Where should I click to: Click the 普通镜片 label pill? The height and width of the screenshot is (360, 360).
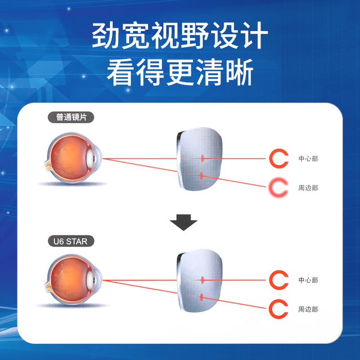click(x=71, y=118)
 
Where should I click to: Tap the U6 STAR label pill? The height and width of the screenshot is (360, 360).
click(x=71, y=241)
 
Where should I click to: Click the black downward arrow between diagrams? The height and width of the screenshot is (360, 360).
click(x=183, y=222)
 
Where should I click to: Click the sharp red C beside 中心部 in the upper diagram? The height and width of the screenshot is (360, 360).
click(x=271, y=159)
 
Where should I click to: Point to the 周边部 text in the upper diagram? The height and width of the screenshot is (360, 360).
click(x=308, y=188)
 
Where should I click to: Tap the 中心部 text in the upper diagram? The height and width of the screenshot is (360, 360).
click(x=308, y=159)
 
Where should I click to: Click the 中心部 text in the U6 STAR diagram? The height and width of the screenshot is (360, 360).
click(x=308, y=280)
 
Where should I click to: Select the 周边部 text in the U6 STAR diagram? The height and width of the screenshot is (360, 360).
click(x=308, y=309)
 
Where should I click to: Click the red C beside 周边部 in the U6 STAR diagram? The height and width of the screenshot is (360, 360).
click(x=271, y=309)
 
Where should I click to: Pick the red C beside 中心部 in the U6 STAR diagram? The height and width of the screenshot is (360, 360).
click(x=271, y=280)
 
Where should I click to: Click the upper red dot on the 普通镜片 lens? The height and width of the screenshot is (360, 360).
click(x=202, y=159)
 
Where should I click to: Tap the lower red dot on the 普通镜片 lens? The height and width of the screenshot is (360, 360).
click(x=202, y=176)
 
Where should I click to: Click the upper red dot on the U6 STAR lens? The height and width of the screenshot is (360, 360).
click(x=202, y=280)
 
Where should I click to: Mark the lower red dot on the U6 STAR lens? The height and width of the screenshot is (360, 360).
click(x=202, y=298)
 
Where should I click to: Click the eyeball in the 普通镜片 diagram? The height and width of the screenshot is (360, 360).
click(x=73, y=158)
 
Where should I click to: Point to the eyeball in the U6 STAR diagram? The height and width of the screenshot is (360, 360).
click(x=73, y=280)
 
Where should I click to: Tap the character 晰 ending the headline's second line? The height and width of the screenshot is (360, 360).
click(x=239, y=72)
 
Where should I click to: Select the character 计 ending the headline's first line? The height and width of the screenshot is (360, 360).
click(x=254, y=35)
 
